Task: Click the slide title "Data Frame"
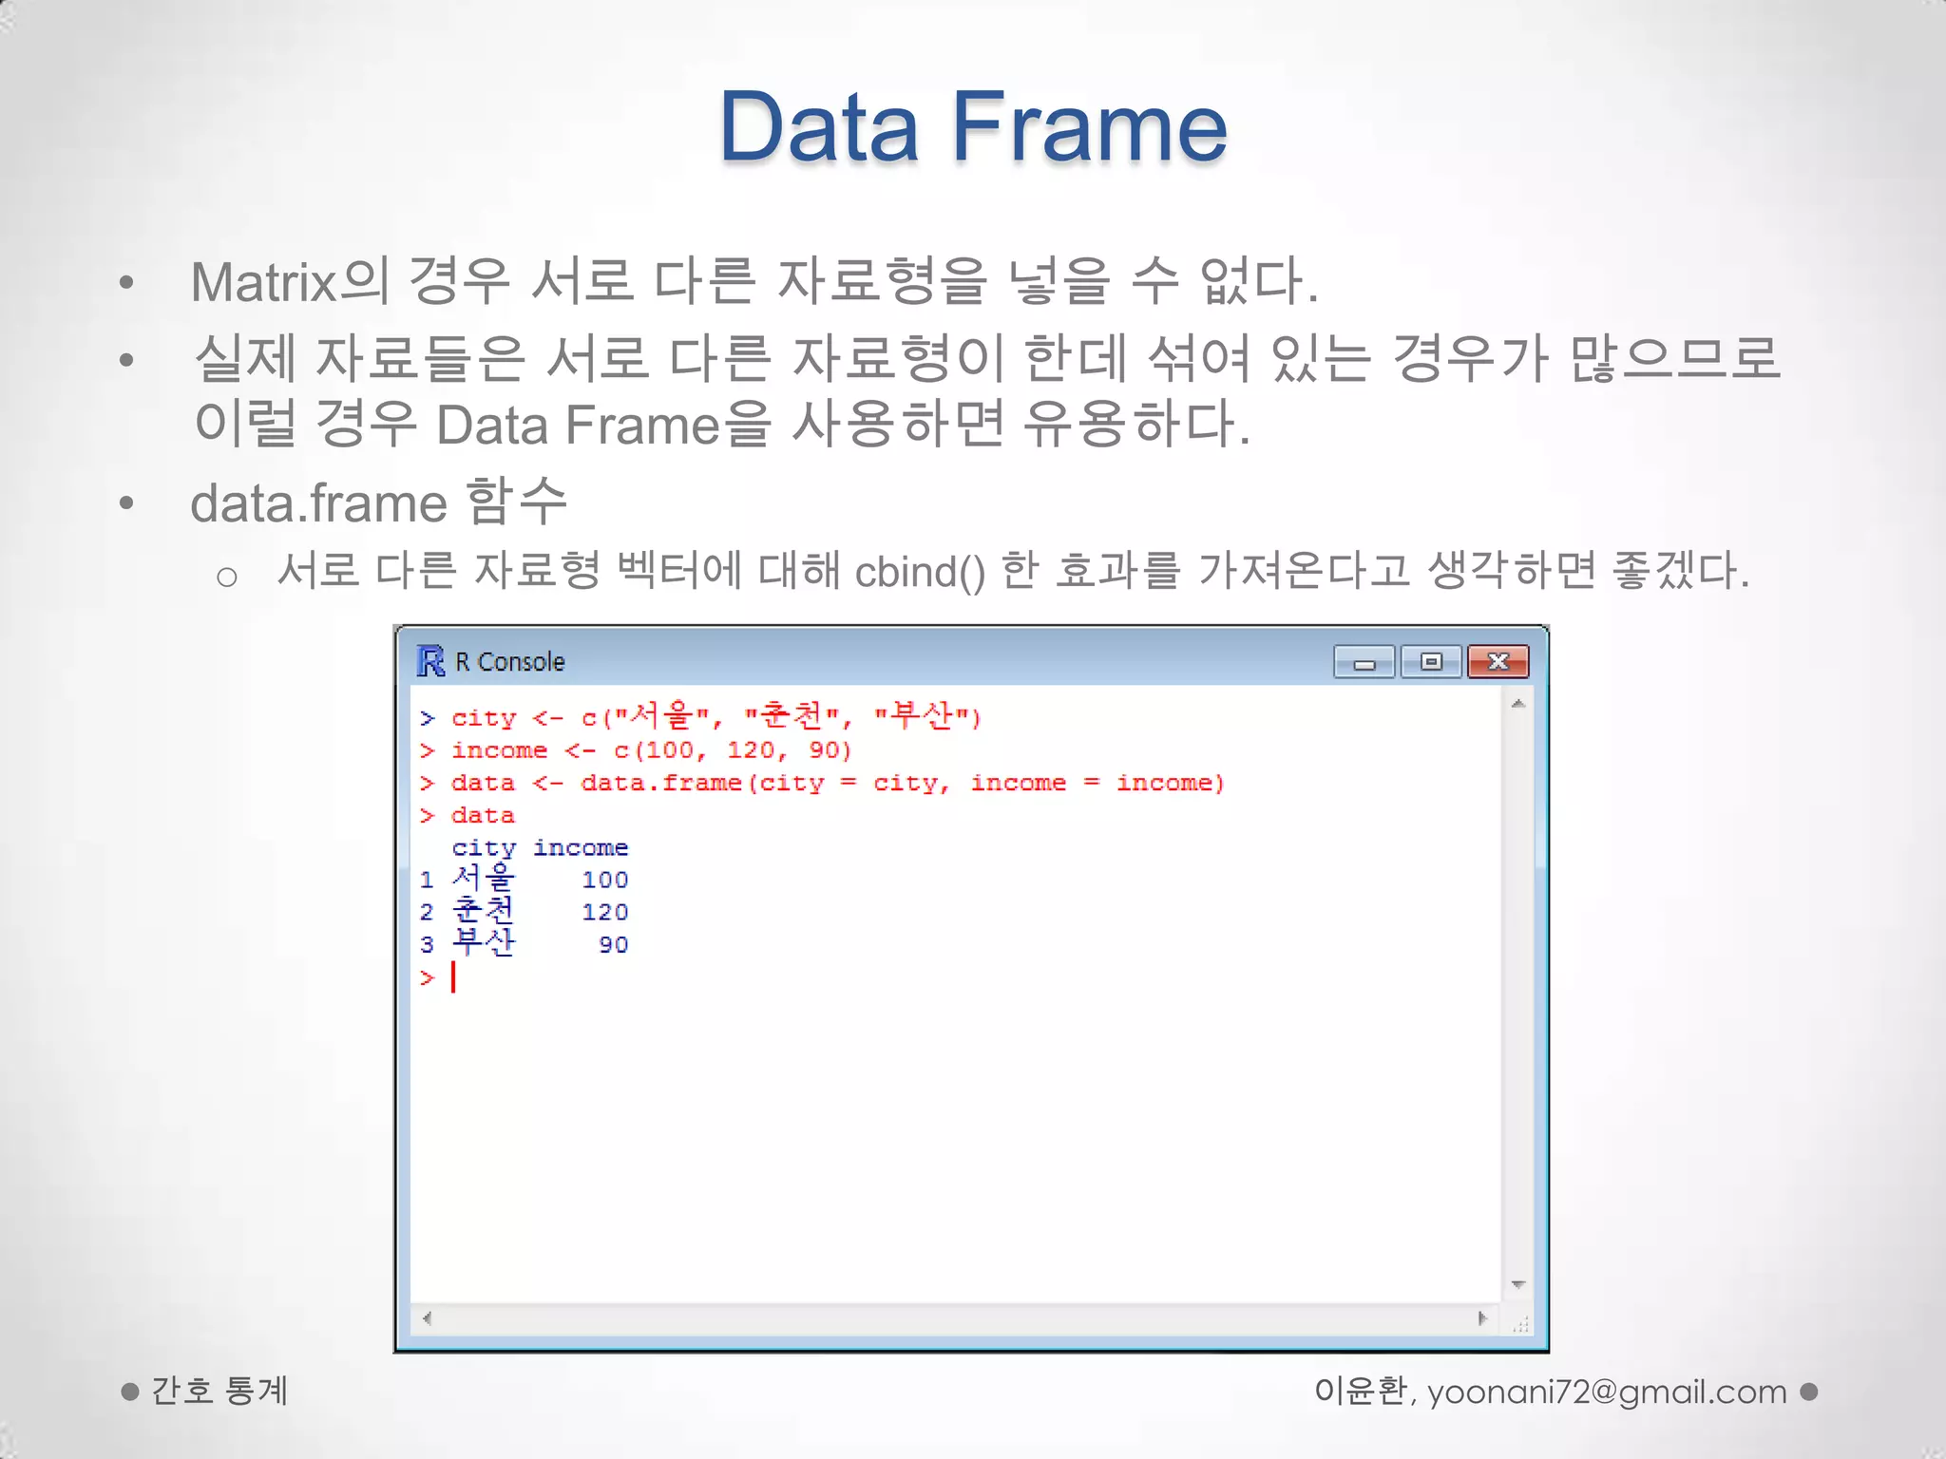[973, 128]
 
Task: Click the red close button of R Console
[1498, 662]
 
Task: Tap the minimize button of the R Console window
[1364, 662]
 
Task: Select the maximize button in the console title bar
[1431, 662]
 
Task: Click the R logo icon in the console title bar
[430, 661]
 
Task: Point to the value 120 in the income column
[605, 913]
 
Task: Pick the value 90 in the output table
[614, 945]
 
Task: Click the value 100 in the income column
[605, 881]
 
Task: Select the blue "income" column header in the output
[581, 847]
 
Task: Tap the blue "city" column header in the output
[484, 847]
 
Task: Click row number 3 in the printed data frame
[427, 945]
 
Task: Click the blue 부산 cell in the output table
[484, 943]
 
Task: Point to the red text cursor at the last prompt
[454, 977]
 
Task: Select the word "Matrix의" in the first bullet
[290, 282]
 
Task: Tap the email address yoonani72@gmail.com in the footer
[1607, 1392]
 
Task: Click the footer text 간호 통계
[219, 1392]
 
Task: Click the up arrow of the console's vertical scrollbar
[1518, 704]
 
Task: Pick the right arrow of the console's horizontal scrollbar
[1482, 1318]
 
